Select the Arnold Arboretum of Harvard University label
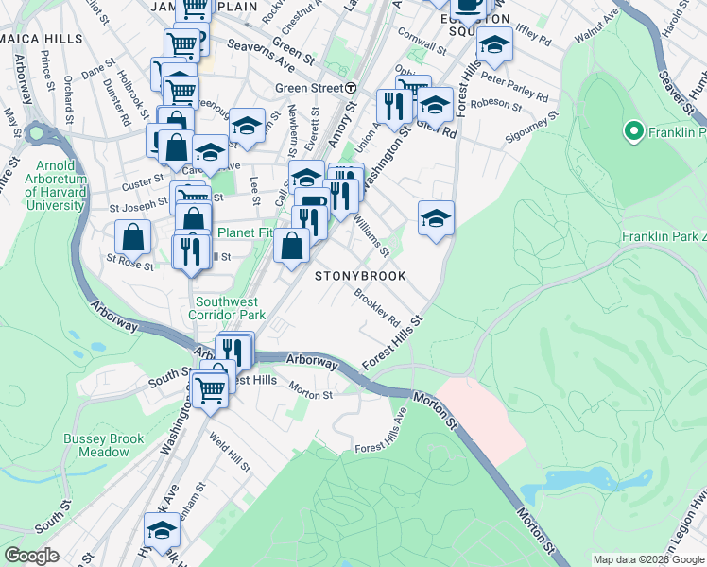click(x=56, y=184)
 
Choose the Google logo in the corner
click(x=31, y=556)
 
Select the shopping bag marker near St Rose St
click(x=133, y=238)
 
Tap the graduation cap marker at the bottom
click(x=163, y=531)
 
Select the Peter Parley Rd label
click(x=514, y=84)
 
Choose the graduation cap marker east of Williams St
click(x=436, y=219)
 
